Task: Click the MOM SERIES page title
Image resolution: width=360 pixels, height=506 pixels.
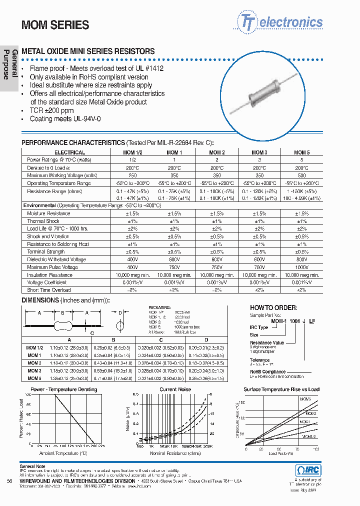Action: [55, 25]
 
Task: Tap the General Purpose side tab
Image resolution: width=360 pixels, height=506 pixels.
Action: [10, 64]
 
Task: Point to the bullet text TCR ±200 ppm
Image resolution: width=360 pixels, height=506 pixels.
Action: [51, 110]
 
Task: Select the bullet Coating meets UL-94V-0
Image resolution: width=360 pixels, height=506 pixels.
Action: [65, 119]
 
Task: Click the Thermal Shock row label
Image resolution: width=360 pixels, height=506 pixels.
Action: [43, 221]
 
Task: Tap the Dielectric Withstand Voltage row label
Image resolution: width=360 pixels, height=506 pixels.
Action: [56, 259]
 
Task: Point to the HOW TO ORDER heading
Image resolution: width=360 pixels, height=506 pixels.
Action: [273, 308]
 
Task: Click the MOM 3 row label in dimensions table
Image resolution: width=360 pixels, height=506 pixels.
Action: [34, 370]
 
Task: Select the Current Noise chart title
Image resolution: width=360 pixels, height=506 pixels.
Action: [175, 389]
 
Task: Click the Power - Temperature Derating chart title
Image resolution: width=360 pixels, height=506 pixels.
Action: [64, 389]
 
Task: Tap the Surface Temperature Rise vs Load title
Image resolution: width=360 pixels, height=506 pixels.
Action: [281, 389]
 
